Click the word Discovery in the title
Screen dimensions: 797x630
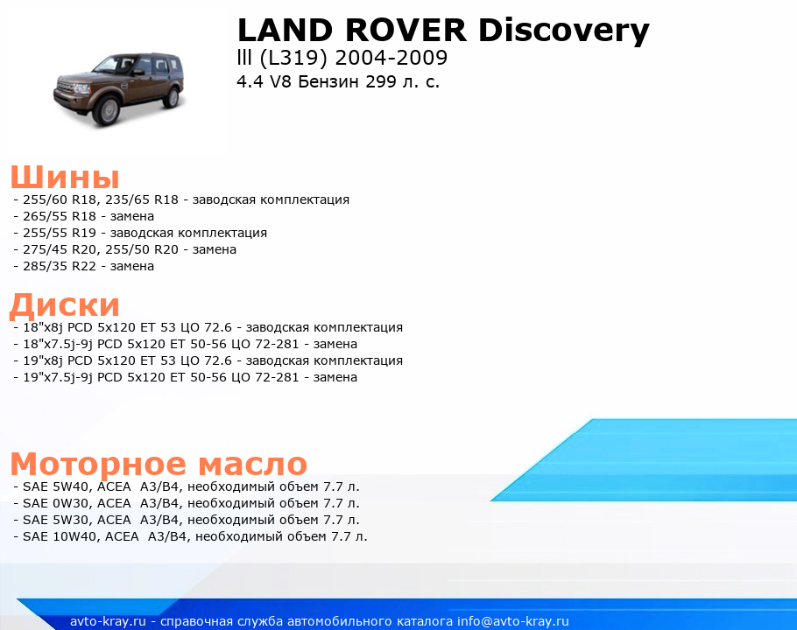pos(564,31)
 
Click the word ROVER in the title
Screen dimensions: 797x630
pos(406,30)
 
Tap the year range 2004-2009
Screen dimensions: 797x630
pos(391,58)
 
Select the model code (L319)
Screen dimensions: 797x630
pos(293,59)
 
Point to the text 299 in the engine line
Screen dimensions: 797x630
pos(381,81)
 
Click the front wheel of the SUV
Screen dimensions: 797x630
pos(108,110)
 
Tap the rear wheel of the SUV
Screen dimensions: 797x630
pos(173,96)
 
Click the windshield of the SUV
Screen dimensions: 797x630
pos(107,65)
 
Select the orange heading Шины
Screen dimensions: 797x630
pos(65,177)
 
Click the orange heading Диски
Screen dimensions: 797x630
pos(65,305)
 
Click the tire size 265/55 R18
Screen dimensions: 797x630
pos(60,216)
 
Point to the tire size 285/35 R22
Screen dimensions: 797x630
pos(60,266)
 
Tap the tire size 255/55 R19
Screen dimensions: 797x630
pos(60,233)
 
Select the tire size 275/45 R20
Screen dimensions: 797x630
pos(60,249)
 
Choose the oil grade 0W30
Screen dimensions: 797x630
pos(71,503)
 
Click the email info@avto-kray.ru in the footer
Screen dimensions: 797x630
pos(513,621)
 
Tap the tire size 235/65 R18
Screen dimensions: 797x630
pos(142,199)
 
